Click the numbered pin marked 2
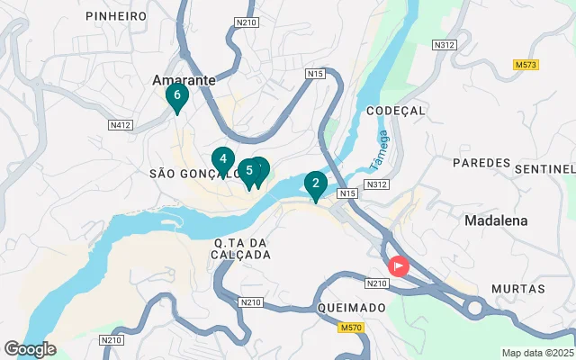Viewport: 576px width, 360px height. point(315,184)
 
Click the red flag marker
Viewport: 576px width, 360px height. point(397,267)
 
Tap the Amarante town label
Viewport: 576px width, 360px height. point(184,79)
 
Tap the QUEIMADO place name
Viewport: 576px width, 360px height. point(352,307)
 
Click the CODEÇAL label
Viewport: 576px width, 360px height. point(396,110)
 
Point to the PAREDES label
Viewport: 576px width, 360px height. point(481,163)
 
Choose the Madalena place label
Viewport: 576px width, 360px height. point(496,220)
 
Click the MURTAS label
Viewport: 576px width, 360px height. point(518,289)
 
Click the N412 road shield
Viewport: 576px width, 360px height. point(121,123)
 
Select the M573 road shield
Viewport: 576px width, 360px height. point(526,65)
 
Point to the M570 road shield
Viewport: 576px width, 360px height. point(350,328)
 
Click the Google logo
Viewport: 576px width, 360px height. point(30,349)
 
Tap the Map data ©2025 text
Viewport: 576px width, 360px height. point(537,353)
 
